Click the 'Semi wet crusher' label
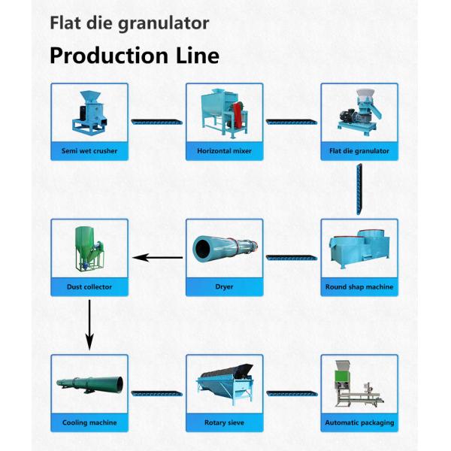[89, 151]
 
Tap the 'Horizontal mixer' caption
[224, 151]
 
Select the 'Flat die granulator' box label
[359, 151]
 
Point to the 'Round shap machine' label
[359, 286]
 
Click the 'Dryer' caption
[224, 286]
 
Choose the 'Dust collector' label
[89, 286]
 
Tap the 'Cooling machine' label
[89, 422]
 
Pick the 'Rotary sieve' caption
[224, 422]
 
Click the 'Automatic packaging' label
[359, 422]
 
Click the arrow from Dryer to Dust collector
[157, 258]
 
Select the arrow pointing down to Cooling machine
[89, 324]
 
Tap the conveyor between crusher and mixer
[156, 122]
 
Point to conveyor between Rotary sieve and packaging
[292, 393]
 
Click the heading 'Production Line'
[135, 56]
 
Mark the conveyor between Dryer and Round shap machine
[292, 258]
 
